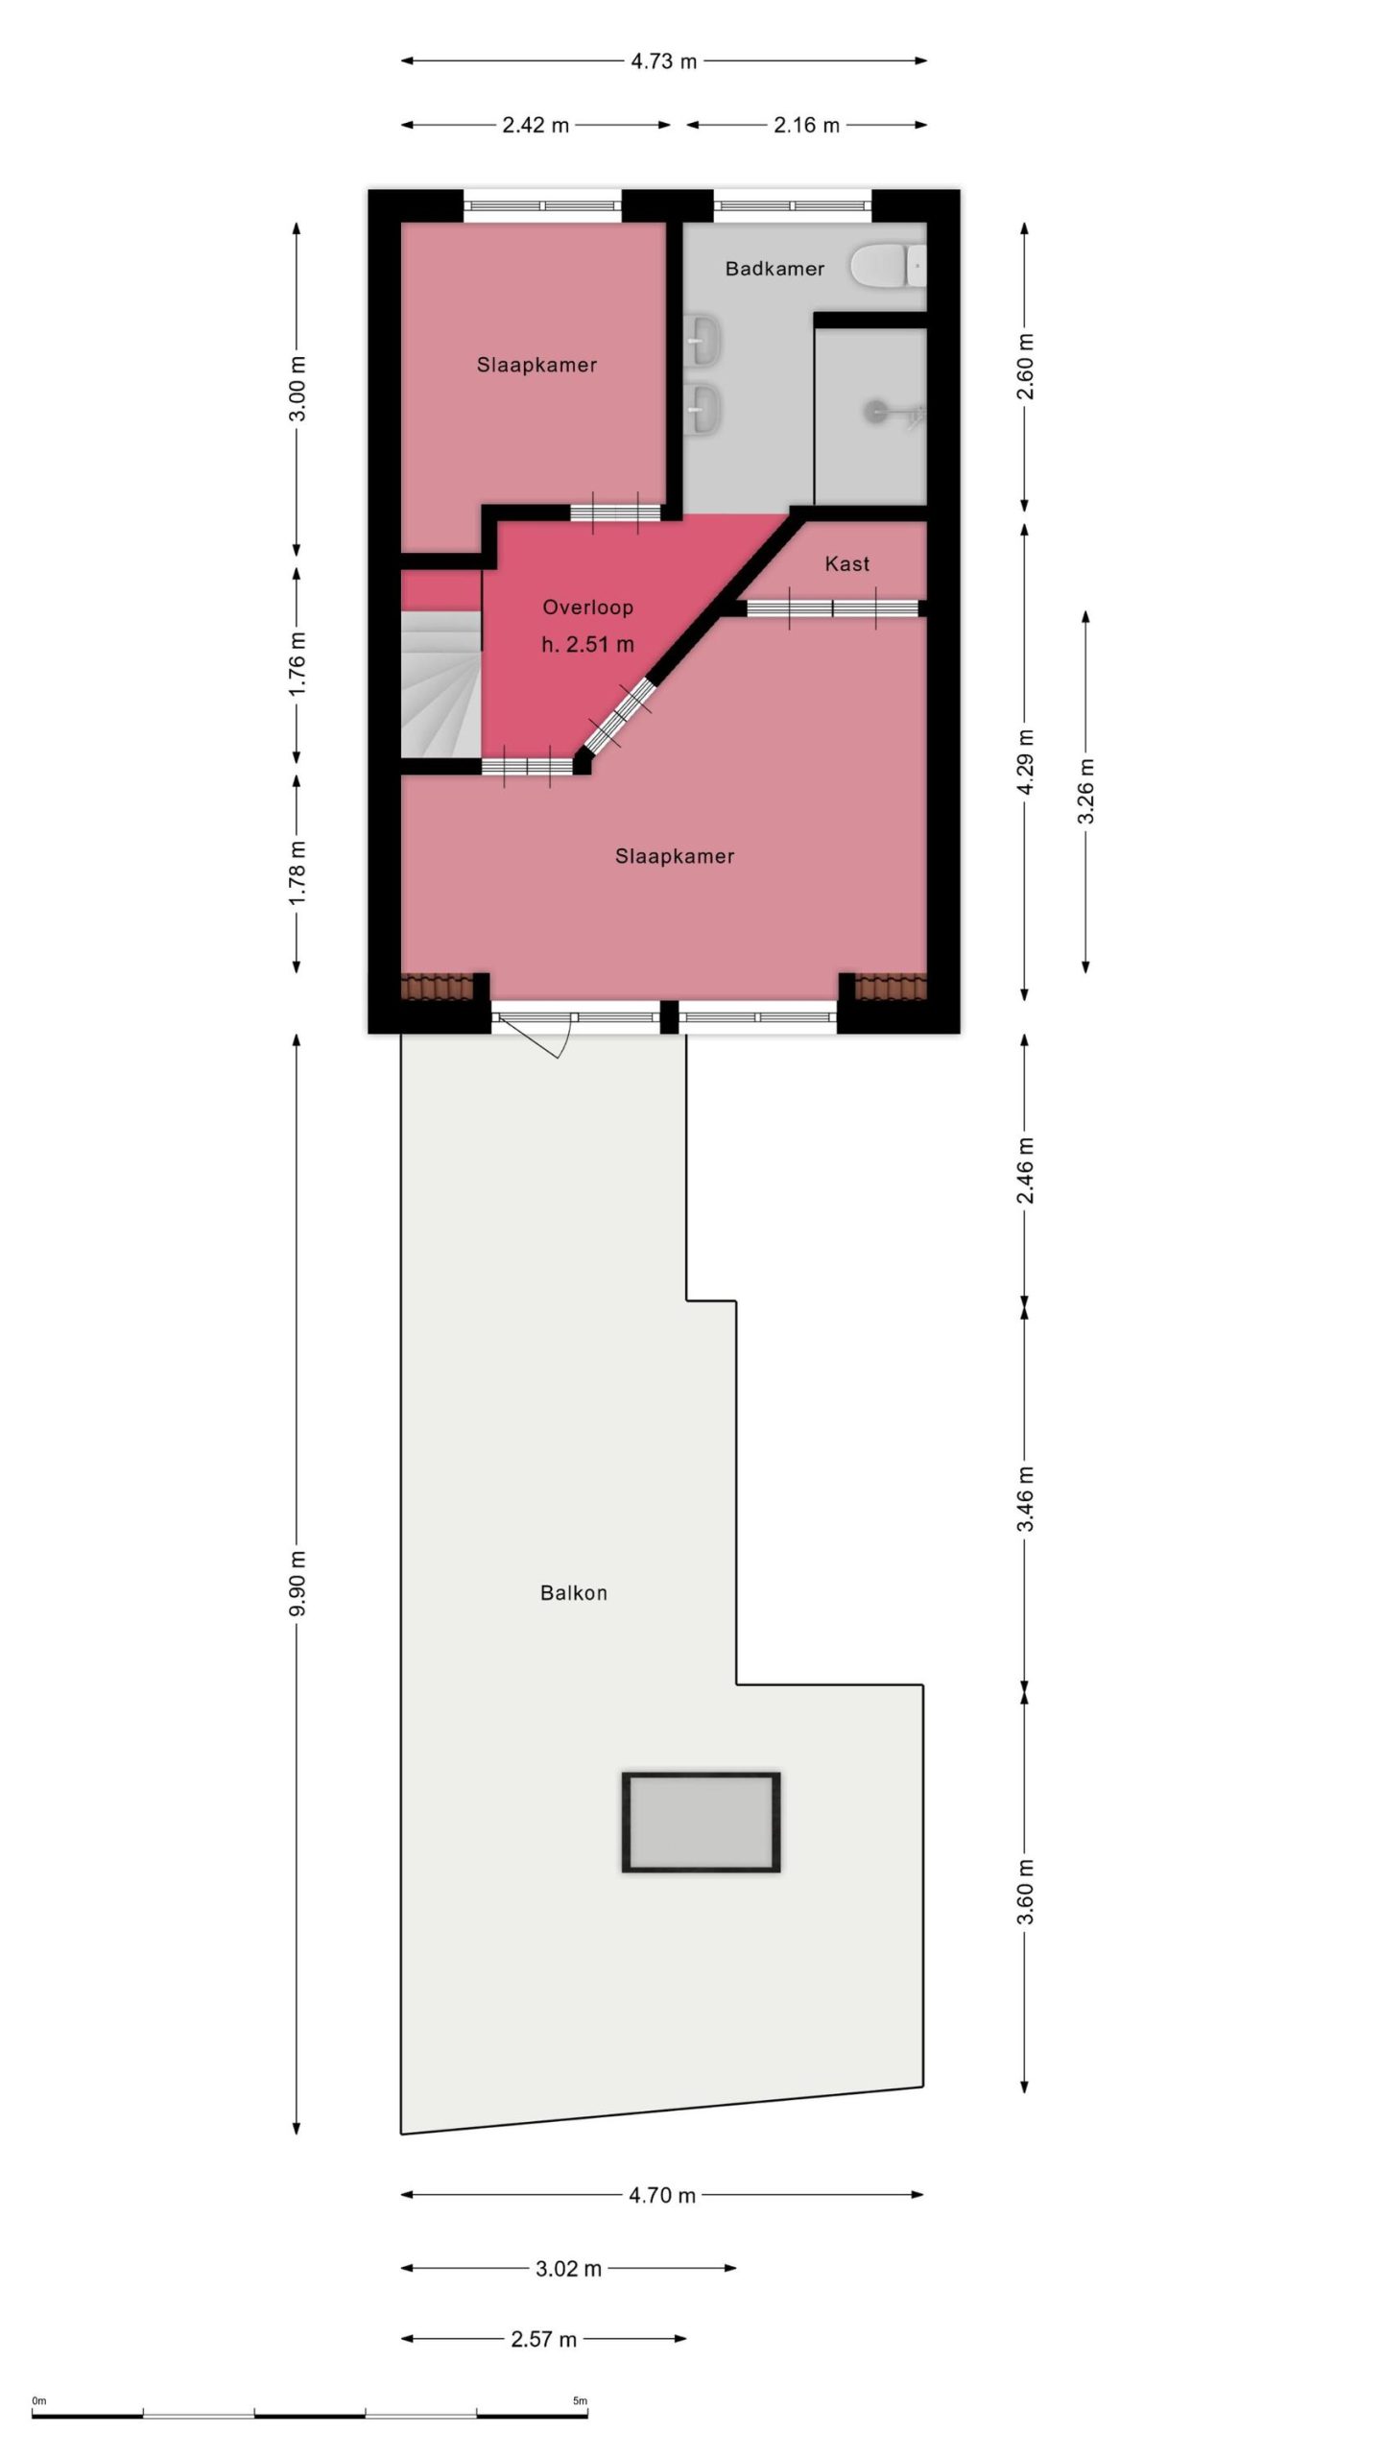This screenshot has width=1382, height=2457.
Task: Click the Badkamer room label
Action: click(774, 269)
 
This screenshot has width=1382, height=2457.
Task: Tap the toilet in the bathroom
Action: click(889, 265)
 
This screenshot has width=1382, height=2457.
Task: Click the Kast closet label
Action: click(847, 563)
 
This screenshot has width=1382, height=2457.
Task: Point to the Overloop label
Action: click(587, 607)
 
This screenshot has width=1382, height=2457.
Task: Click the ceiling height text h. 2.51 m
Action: click(587, 645)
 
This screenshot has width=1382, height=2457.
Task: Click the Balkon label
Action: click(574, 1594)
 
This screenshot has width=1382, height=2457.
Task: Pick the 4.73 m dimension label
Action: click(664, 61)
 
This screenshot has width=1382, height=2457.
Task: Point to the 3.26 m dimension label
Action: click(1085, 792)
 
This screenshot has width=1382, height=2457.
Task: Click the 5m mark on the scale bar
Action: click(580, 2401)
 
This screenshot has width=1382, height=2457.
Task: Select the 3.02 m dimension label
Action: click(568, 2270)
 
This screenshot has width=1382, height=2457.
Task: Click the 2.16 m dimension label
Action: click(807, 125)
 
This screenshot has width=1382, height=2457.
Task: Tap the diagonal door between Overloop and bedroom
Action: click(619, 715)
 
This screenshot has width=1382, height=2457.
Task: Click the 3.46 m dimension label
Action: click(1025, 1498)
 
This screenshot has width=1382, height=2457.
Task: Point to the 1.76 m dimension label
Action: click(297, 663)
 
